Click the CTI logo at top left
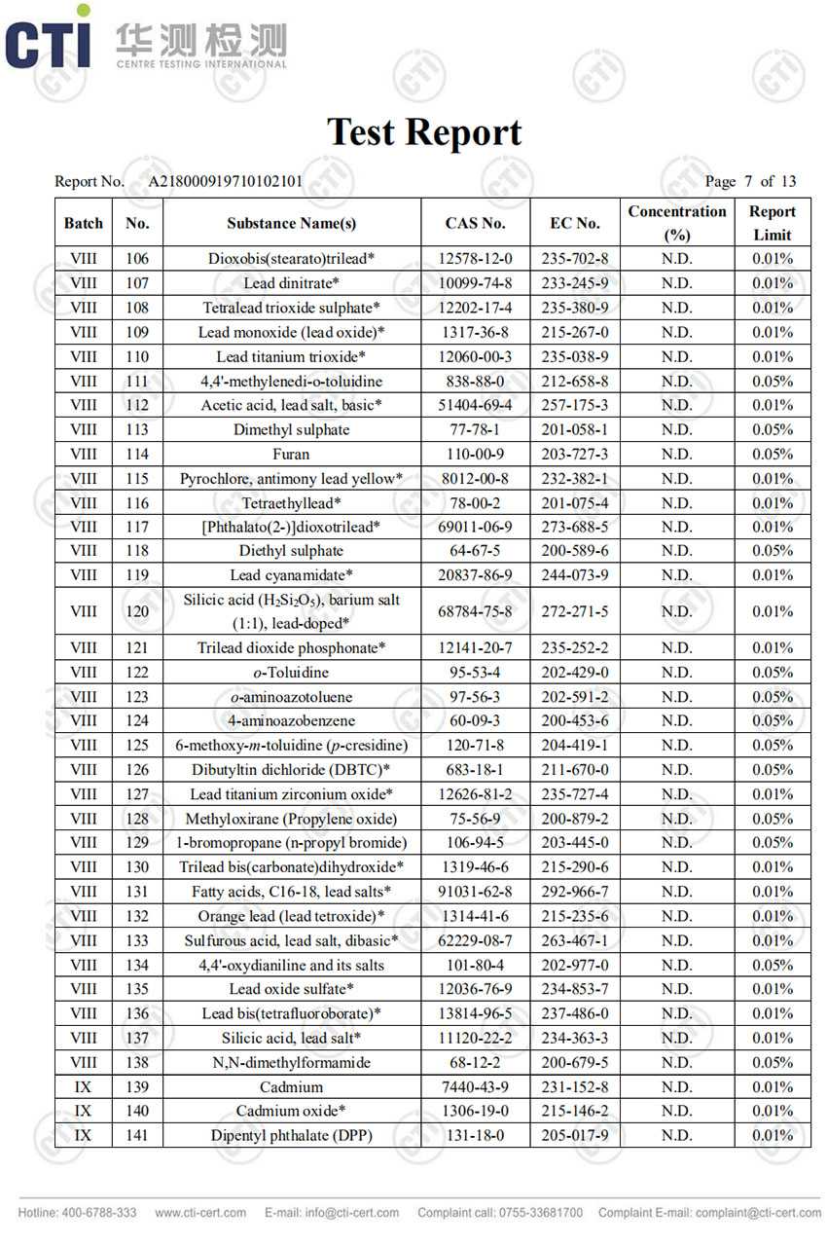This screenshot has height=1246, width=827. pyautogui.click(x=49, y=41)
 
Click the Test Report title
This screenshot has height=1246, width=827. pyautogui.click(x=424, y=132)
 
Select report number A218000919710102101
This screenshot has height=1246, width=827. pyautogui.click(x=225, y=181)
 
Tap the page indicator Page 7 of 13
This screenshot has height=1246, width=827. pyautogui.click(x=750, y=181)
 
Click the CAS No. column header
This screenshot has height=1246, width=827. pyautogui.click(x=475, y=223)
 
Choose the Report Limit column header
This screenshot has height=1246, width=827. pyautogui.click(x=773, y=223)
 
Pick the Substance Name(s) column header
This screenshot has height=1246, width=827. pyautogui.click(x=291, y=223)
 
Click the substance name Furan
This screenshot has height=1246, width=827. pyautogui.click(x=291, y=454)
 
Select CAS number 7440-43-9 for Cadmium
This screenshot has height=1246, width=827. pyautogui.click(x=475, y=1086)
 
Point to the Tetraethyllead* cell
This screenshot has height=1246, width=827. pyautogui.click(x=291, y=503)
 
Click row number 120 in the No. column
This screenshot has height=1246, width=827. pyautogui.click(x=137, y=611)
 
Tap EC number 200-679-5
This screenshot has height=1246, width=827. pyautogui.click(x=575, y=1062)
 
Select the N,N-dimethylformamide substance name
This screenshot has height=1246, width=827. pyautogui.click(x=291, y=1062)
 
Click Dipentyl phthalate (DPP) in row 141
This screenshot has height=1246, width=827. pyautogui.click(x=291, y=1135)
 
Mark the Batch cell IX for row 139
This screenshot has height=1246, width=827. pyautogui.click(x=83, y=1086)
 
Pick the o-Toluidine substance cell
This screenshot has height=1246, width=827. pyautogui.click(x=291, y=673)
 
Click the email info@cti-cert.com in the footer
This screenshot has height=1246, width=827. pyautogui.click(x=332, y=1213)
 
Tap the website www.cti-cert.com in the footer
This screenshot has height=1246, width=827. pyautogui.click(x=200, y=1213)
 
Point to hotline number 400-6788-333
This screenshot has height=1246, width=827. pyautogui.click(x=78, y=1213)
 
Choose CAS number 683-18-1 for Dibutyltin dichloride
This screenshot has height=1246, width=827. pyautogui.click(x=475, y=770)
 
